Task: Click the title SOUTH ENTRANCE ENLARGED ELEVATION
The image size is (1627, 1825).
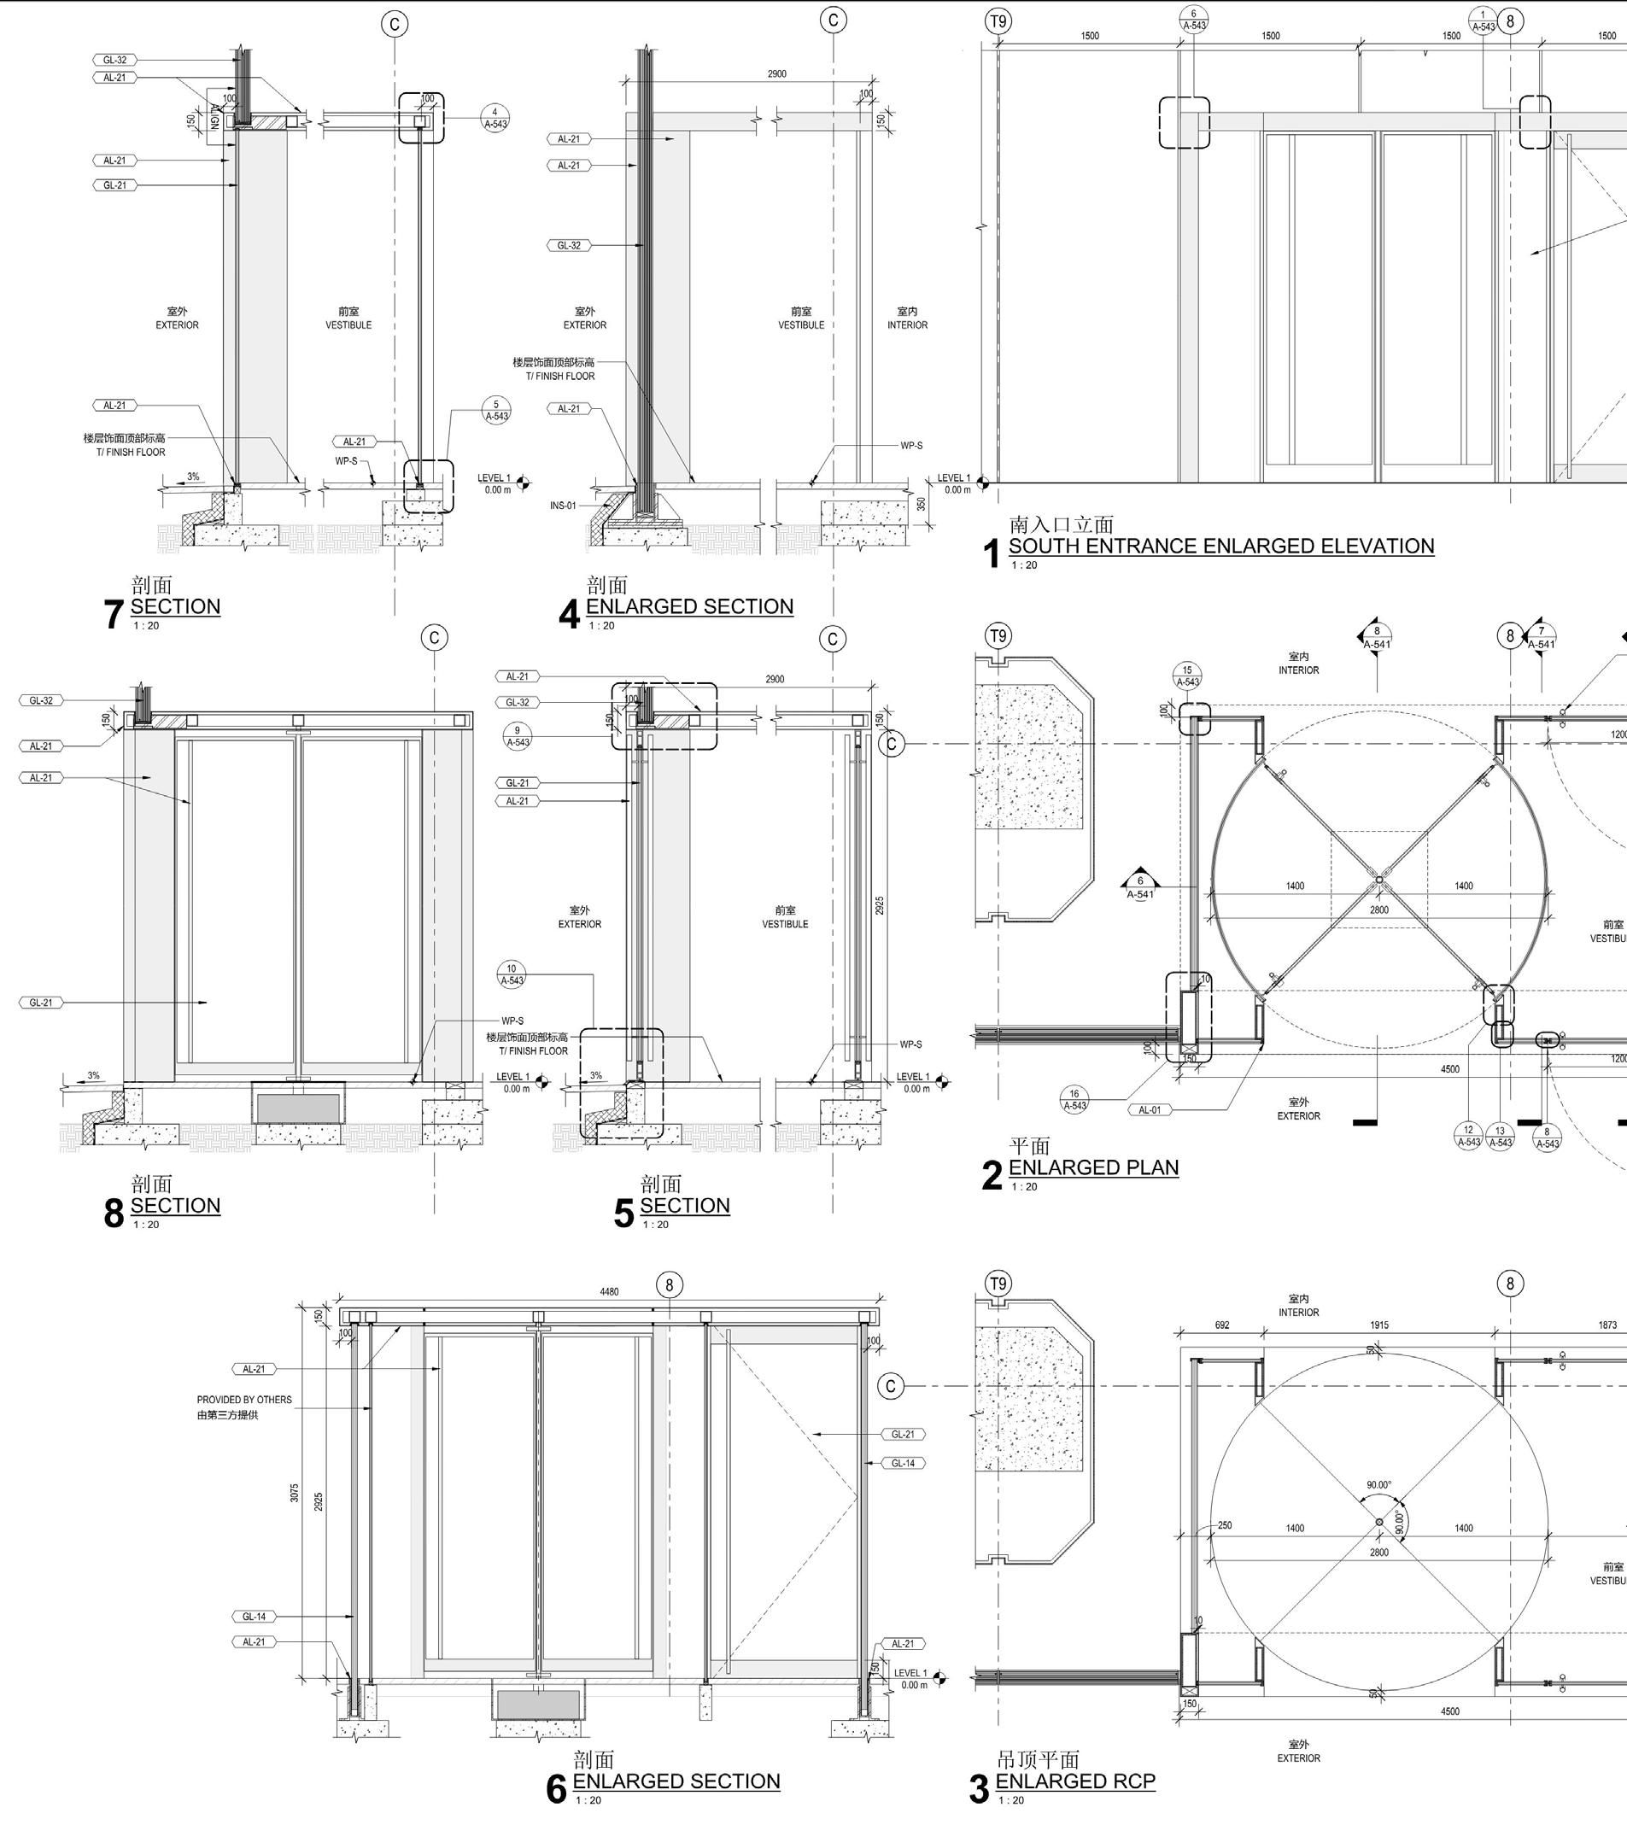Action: (1221, 546)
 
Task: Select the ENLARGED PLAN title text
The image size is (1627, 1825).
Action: (1093, 1167)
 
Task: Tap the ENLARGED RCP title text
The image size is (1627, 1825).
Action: (1074, 1781)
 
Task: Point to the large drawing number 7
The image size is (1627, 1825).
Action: (114, 614)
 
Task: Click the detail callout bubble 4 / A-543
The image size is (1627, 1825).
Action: (495, 119)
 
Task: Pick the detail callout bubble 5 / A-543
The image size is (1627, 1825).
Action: (496, 411)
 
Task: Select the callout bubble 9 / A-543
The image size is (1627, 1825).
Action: (518, 736)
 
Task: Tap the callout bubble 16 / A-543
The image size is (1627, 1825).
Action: (1074, 1099)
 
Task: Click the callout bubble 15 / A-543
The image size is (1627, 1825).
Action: (1187, 676)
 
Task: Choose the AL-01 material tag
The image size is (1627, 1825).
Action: (1150, 1110)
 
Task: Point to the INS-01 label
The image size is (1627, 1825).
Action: (563, 506)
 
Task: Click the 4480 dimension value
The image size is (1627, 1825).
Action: (609, 1291)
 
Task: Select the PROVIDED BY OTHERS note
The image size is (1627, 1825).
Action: (244, 1400)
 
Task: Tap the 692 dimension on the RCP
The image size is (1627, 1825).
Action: (1222, 1325)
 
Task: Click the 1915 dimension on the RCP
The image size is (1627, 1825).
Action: (1379, 1325)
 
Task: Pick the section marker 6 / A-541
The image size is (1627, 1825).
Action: (1140, 887)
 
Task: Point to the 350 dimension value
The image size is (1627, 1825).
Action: (922, 505)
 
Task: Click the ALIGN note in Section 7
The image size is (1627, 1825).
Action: (214, 117)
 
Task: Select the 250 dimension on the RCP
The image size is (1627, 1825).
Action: (1225, 1525)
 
